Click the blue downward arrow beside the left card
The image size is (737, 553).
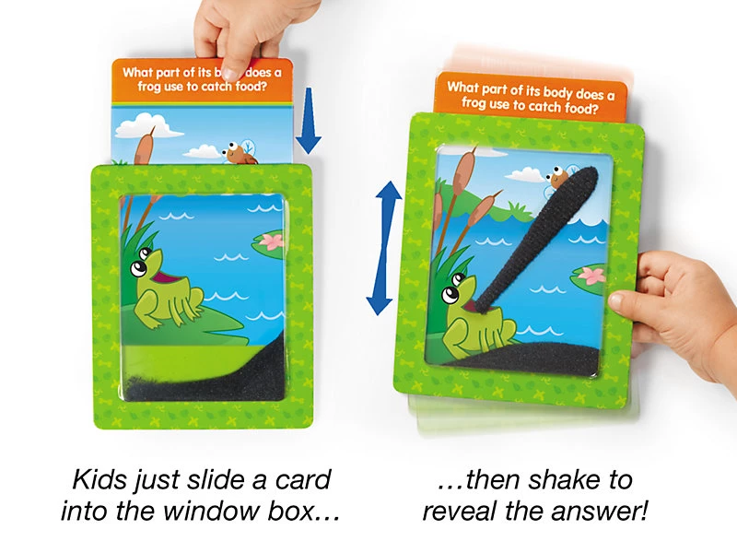[309, 121]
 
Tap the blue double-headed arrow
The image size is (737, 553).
[384, 248]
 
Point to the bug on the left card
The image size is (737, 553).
[240, 152]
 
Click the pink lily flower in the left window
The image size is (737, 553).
[271, 241]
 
